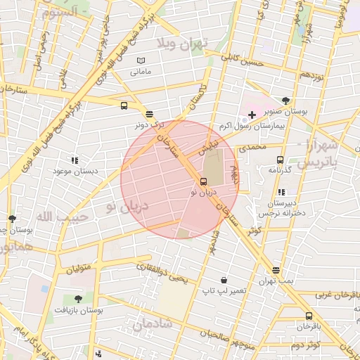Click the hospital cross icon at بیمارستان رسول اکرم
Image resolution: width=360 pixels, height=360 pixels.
[252, 114]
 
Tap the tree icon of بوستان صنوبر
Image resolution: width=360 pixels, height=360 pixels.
[285, 100]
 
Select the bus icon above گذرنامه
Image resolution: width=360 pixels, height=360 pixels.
[281, 160]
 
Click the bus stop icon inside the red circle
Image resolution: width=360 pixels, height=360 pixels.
[204, 181]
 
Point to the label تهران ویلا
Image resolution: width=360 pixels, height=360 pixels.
[184, 44]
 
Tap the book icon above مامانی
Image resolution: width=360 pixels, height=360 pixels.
[141, 60]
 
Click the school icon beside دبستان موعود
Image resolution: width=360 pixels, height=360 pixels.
[75, 160]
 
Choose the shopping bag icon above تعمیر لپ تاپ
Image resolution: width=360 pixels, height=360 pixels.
[224, 280]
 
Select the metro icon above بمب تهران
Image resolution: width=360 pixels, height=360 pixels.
[276, 270]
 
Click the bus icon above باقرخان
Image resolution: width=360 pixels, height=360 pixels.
[309, 316]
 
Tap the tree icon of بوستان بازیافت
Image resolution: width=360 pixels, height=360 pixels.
[77, 299]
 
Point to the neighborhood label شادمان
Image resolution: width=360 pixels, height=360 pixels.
[152, 324]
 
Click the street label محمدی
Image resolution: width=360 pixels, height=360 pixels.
[254, 148]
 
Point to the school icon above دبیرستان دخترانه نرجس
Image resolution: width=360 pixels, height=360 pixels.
[281, 191]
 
